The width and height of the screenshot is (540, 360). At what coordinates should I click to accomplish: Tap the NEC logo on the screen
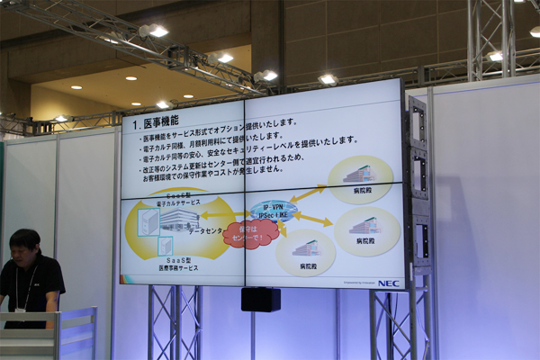click(x=388, y=283)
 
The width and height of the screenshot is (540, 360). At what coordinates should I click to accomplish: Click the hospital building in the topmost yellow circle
click(x=359, y=173)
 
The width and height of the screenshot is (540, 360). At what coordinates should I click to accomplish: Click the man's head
click(x=23, y=246)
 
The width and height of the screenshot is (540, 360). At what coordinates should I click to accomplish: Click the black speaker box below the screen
click(x=260, y=299)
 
